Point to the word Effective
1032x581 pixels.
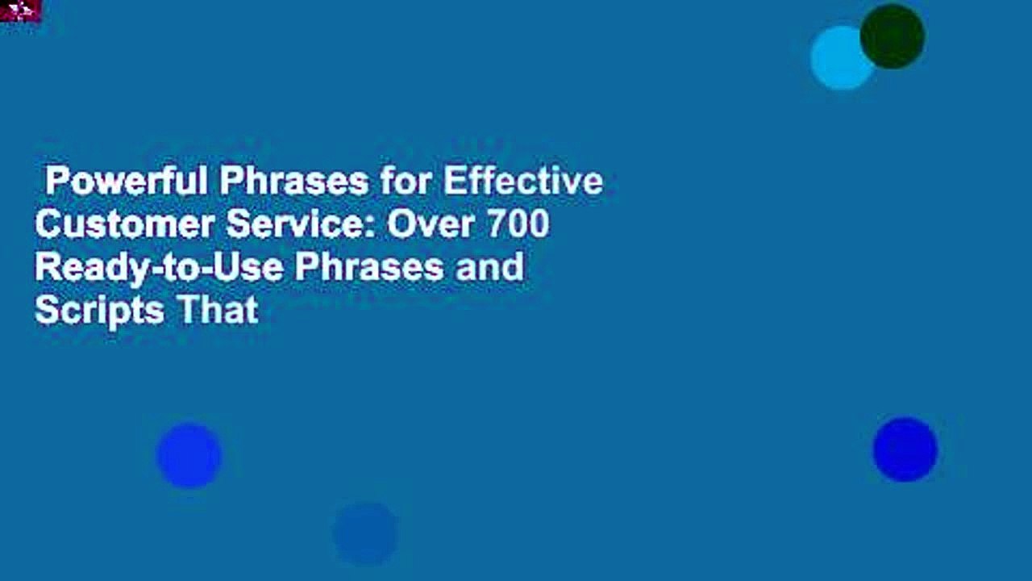point(522,182)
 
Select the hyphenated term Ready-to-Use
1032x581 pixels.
point(158,267)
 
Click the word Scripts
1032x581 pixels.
point(85,311)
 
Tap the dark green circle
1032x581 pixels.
point(892,36)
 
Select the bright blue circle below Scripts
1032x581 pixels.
point(189,455)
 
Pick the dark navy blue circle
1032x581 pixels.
point(905,449)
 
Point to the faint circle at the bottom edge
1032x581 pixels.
point(365,533)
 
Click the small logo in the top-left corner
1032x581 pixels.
point(19,11)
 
